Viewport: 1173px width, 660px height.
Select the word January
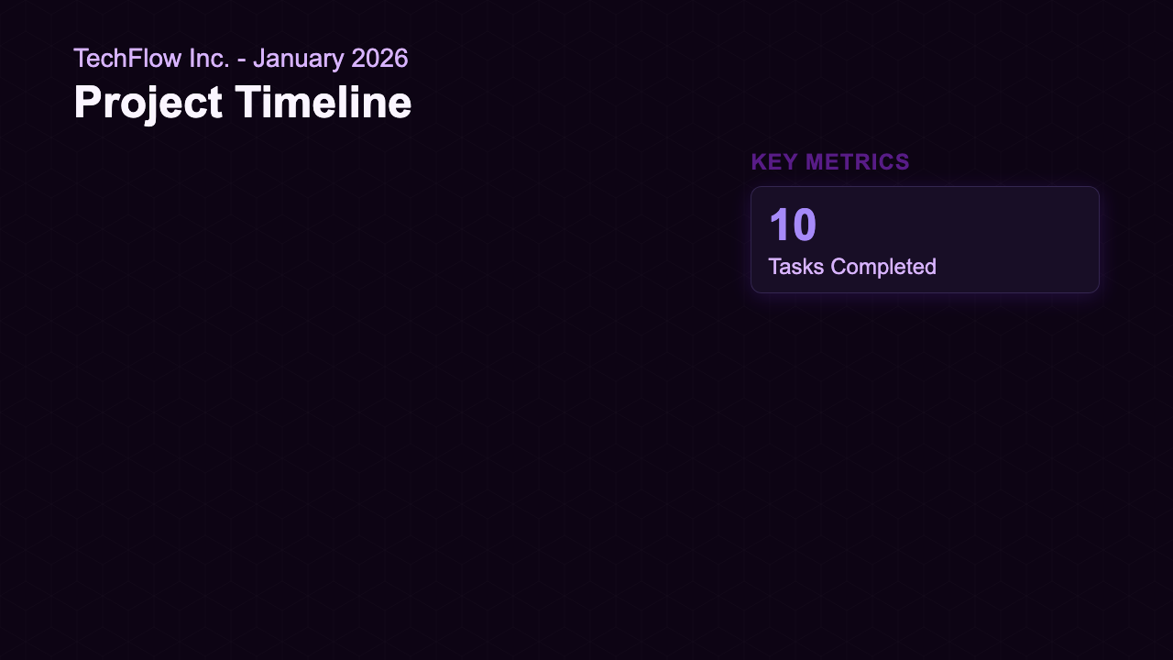[x=298, y=59]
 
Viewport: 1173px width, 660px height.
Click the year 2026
[x=379, y=59]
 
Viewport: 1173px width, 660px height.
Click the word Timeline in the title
[x=323, y=103]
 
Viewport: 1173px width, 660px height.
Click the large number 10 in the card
[x=793, y=225]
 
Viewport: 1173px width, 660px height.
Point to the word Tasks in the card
[x=794, y=267]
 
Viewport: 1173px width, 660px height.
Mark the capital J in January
[x=260, y=59]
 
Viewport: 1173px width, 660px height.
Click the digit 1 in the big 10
[x=779, y=225]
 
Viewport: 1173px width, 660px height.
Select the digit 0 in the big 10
[x=804, y=225]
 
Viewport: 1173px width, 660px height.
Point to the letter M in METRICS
[x=811, y=162]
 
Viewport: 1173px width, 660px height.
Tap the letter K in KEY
[x=758, y=162]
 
